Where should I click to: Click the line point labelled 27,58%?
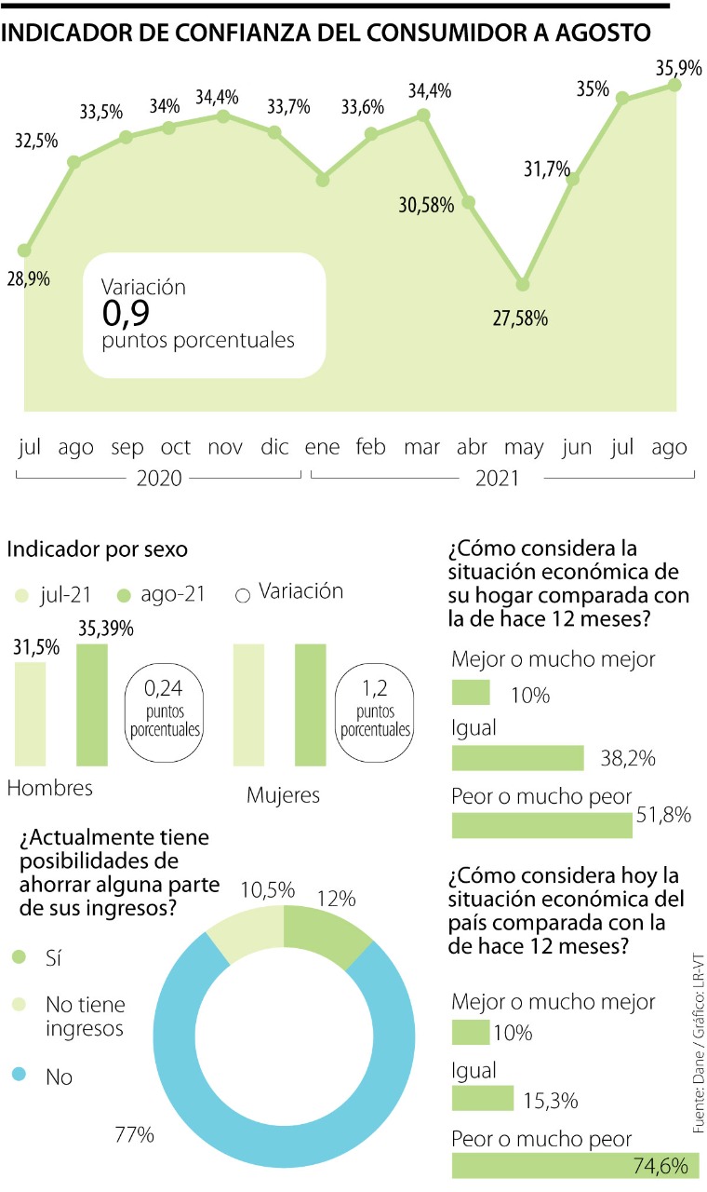tap(523, 284)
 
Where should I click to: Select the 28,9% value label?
tap(29, 278)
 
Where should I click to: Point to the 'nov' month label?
tap(225, 448)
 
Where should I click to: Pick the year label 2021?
tap(497, 480)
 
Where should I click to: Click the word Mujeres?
tap(283, 795)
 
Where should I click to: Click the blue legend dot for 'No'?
tap(20, 1077)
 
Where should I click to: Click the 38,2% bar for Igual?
tap(517, 758)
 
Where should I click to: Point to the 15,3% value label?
tap(551, 1101)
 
